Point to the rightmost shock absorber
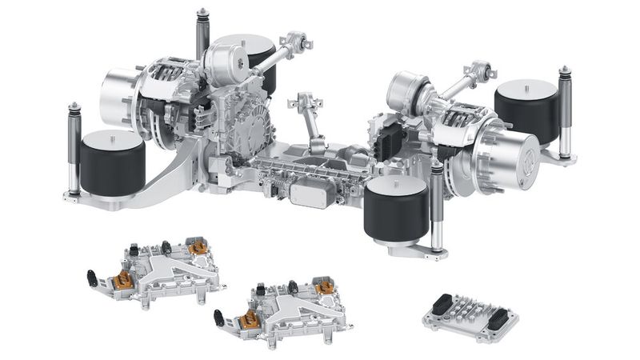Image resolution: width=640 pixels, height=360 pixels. [x=565, y=112]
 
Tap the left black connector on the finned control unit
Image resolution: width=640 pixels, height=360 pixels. [x=442, y=304]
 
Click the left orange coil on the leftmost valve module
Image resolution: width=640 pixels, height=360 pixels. [x=123, y=280]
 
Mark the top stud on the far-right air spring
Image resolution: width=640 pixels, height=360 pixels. [x=529, y=82]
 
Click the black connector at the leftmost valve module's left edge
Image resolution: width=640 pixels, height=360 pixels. [x=93, y=279]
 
